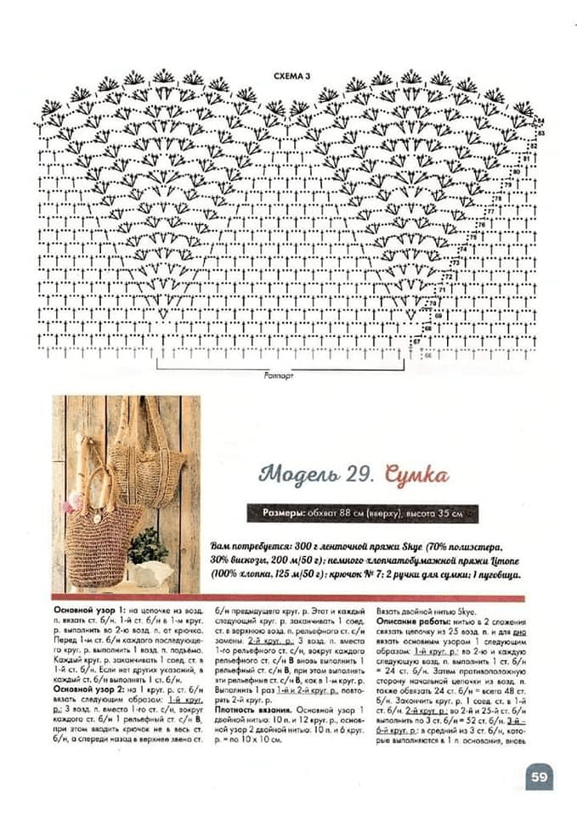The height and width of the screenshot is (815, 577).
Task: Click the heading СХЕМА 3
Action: click(x=291, y=76)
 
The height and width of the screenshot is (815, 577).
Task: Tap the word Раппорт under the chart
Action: click(x=278, y=374)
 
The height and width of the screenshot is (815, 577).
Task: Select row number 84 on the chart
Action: click(x=540, y=121)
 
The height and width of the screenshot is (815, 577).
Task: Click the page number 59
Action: click(x=539, y=776)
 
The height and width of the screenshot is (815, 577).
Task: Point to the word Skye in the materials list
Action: click(x=406, y=548)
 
